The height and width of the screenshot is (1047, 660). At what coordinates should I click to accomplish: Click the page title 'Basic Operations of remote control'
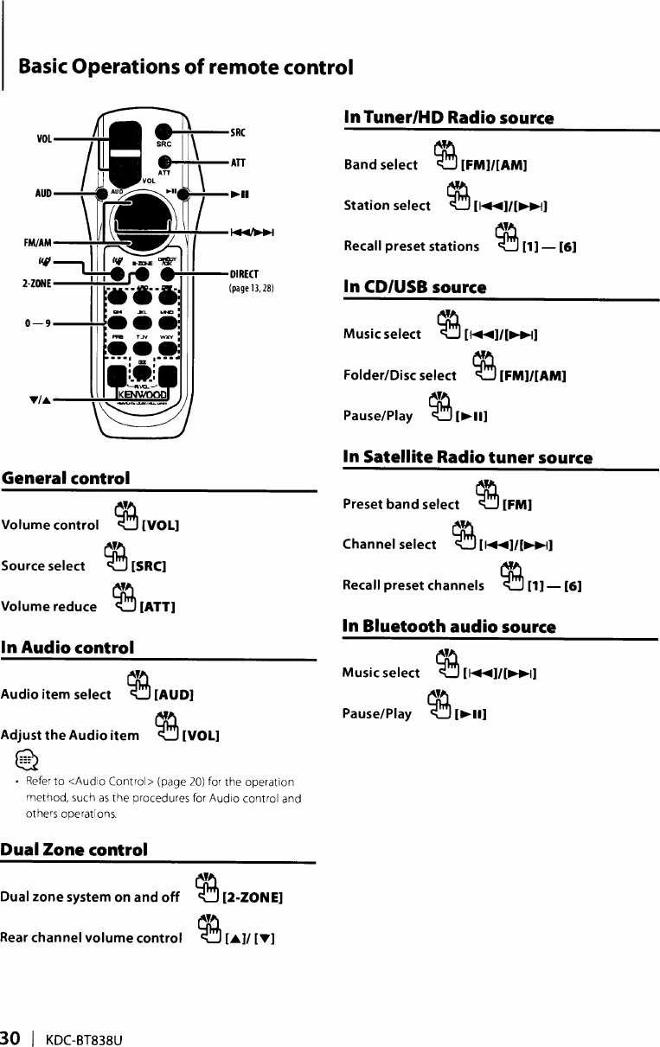(x=185, y=67)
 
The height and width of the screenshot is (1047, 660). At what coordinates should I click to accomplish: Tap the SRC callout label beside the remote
(x=238, y=131)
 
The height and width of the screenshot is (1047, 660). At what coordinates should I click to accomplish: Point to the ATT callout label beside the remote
(x=238, y=162)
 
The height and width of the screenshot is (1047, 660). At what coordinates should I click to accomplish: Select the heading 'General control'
(x=66, y=478)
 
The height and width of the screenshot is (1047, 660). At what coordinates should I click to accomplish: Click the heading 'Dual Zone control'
(x=74, y=849)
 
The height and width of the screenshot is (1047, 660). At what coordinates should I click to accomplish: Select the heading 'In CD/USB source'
(x=413, y=286)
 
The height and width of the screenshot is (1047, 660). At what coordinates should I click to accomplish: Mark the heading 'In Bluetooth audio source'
(x=449, y=626)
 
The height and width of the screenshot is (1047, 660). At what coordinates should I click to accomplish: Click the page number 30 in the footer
(x=10, y=1037)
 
